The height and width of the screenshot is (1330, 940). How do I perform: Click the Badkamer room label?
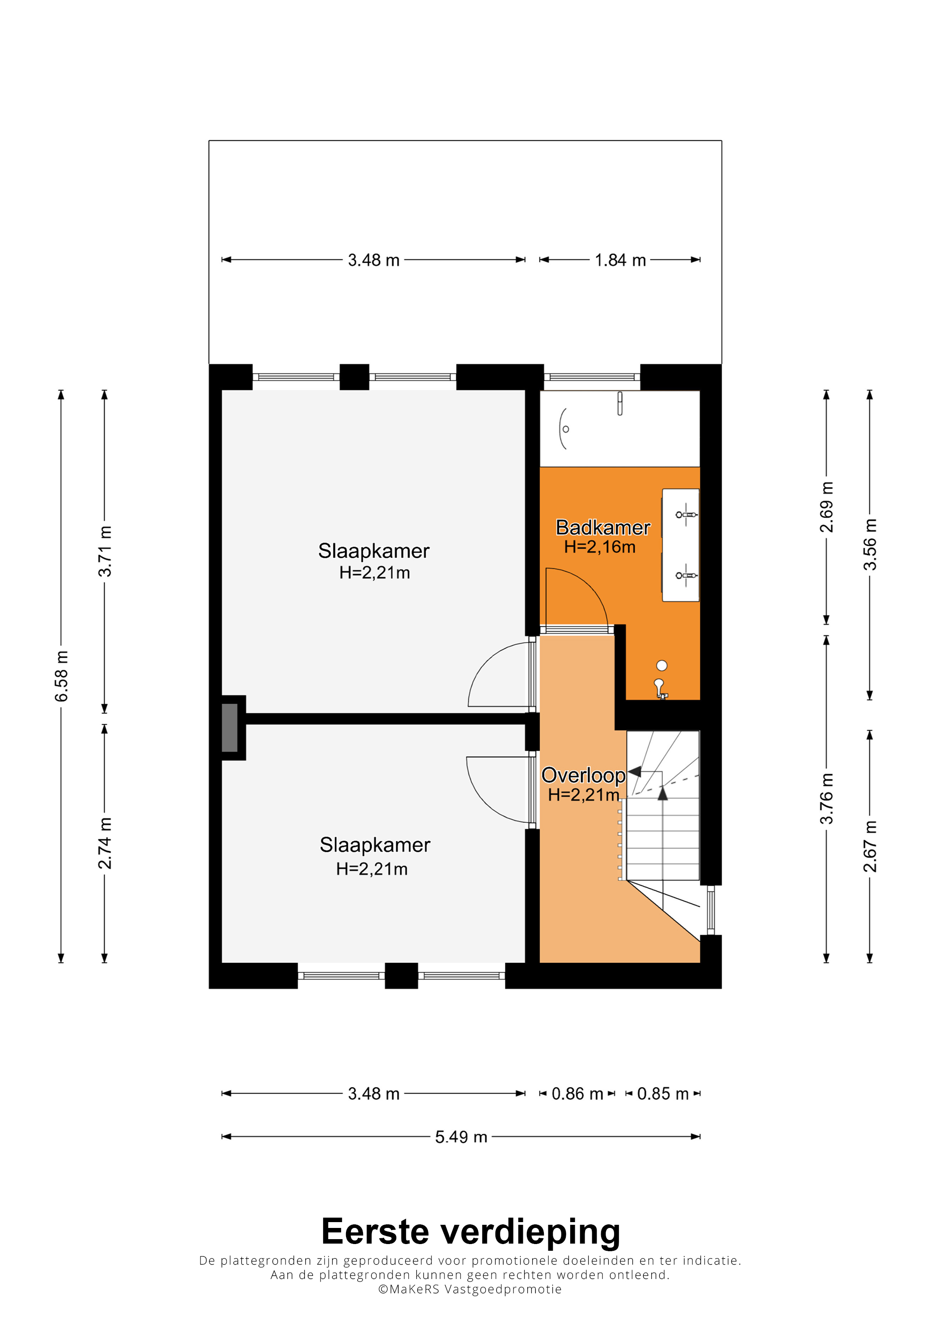(602, 527)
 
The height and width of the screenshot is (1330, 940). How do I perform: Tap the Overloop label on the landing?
(583, 775)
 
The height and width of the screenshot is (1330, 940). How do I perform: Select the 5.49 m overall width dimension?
(461, 1137)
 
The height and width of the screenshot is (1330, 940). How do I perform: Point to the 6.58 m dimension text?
(61, 676)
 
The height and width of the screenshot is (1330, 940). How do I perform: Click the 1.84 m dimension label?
(620, 260)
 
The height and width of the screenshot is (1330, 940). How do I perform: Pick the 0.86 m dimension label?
(577, 1094)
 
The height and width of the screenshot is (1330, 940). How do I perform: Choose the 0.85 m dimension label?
(662, 1094)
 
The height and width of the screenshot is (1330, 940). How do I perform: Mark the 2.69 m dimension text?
(826, 507)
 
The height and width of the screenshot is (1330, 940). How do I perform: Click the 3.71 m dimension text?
(105, 552)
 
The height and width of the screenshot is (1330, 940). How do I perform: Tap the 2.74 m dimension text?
(105, 843)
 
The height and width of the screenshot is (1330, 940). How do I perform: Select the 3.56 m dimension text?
(870, 544)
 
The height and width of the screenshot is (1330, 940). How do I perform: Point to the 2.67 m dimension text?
(870, 847)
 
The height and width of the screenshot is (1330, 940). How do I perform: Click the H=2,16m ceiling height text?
(599, 547)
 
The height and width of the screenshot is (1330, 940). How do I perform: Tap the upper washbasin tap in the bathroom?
(686, 514)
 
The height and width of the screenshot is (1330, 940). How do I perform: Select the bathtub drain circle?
(566, 429)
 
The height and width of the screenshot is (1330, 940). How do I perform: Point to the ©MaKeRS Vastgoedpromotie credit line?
(470, 1289)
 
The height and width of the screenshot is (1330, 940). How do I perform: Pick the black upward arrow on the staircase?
(662, 792)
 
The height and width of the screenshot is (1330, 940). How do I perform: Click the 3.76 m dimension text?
(826, 799)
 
